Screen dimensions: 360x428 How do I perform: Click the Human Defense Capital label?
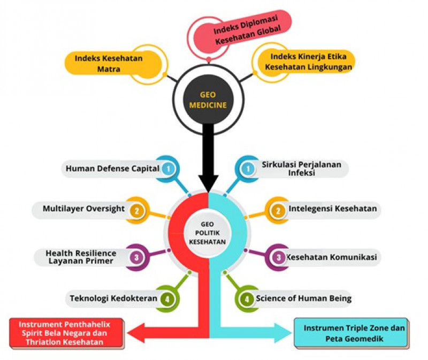112,169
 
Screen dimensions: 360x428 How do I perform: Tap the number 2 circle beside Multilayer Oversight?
137,210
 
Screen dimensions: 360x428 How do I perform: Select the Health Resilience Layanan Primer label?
80,257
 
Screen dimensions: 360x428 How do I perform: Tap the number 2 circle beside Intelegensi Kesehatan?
278,210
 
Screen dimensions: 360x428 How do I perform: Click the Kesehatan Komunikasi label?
332,257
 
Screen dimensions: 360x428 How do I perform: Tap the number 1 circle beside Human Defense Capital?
169,169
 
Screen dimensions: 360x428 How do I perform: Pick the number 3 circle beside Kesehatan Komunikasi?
278,257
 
